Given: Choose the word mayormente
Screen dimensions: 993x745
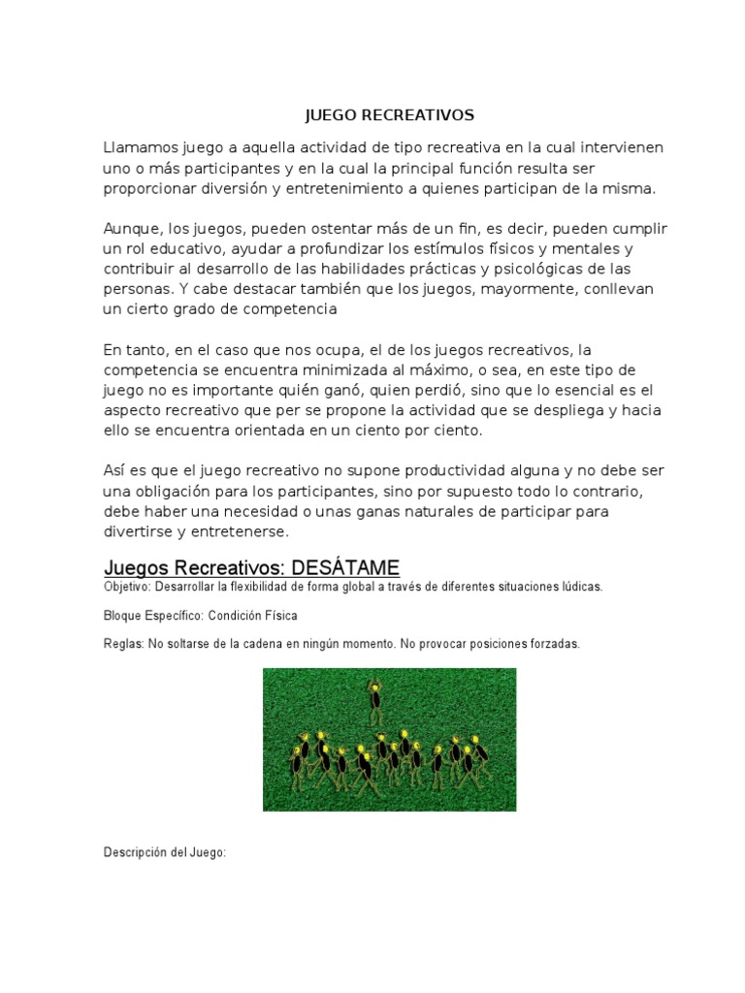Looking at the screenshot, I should coord(519,289).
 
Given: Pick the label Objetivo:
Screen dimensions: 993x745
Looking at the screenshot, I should coord(128,588).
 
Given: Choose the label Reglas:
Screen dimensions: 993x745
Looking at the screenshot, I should coord(123,644).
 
